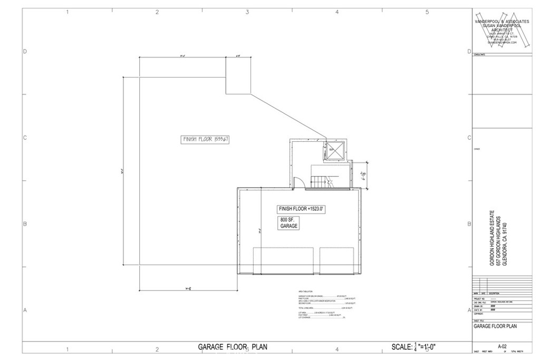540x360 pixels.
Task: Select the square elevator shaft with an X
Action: pos(335,150)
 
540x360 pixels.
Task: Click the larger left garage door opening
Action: pos(284,260)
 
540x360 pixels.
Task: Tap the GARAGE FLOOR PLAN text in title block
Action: pos(495,326)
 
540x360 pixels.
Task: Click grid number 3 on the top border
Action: pos(247,12)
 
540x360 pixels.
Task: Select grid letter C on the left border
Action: pos(25,138)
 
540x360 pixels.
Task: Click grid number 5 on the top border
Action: pos(427,12)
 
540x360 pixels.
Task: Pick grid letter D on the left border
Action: pos(25,52)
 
